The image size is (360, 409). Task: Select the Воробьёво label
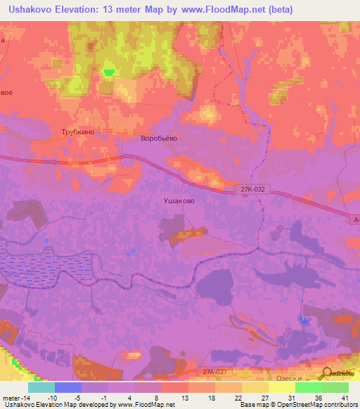point(160,138)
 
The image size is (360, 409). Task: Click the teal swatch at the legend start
point(41,387)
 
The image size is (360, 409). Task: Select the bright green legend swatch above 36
point(308,387)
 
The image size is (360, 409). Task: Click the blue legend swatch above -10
point(67,387)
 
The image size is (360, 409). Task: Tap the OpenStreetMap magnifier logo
point(327,374)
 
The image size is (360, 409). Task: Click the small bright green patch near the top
point(109,72)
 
